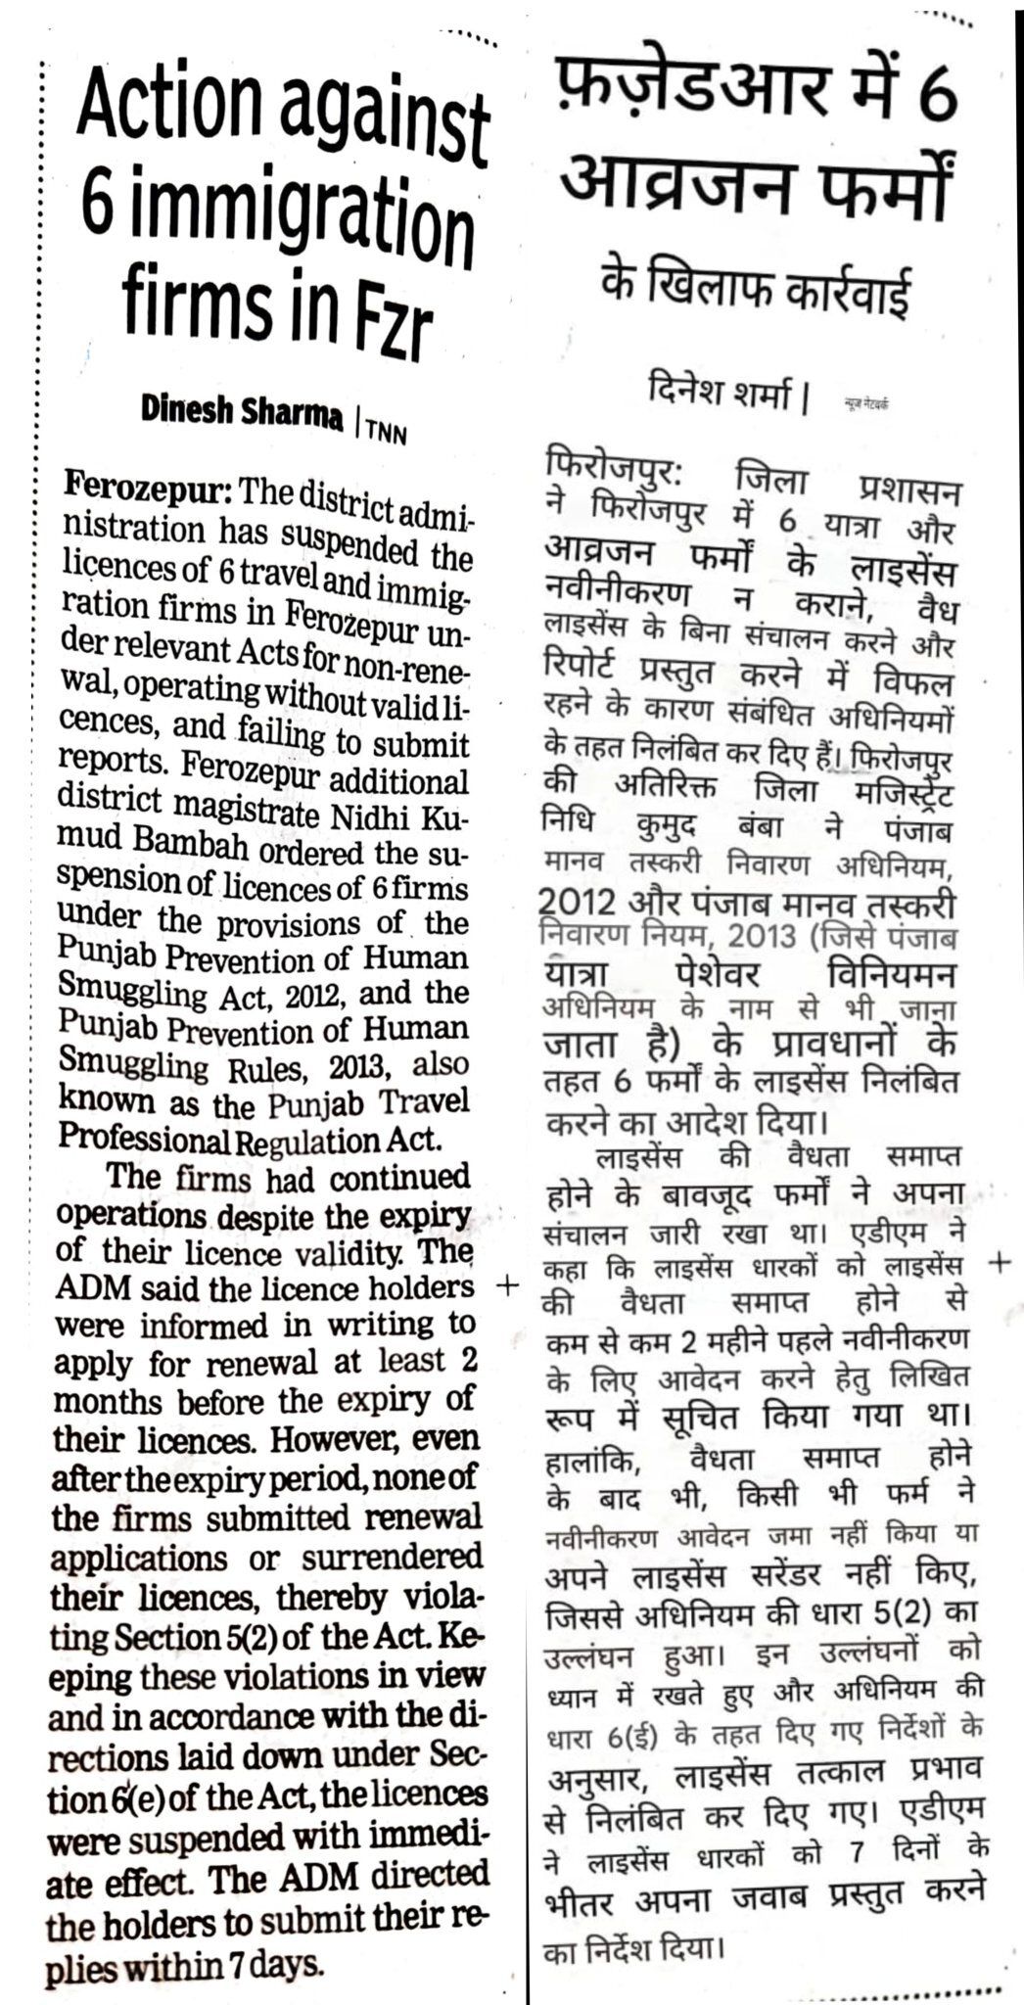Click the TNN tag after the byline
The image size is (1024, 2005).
point(386,428)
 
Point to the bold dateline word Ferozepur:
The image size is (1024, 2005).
point(147,487)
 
